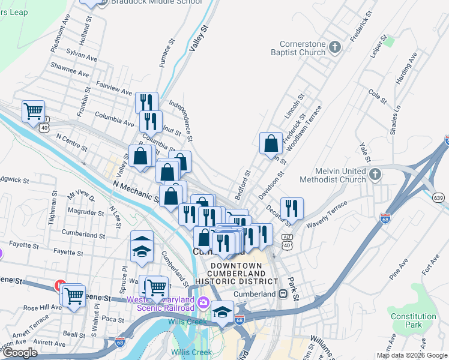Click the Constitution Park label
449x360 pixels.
pos(413,320)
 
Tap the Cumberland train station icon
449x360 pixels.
pos(282,294)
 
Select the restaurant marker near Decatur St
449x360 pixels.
pos(292,208)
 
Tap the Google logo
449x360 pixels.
pos(20,353)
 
